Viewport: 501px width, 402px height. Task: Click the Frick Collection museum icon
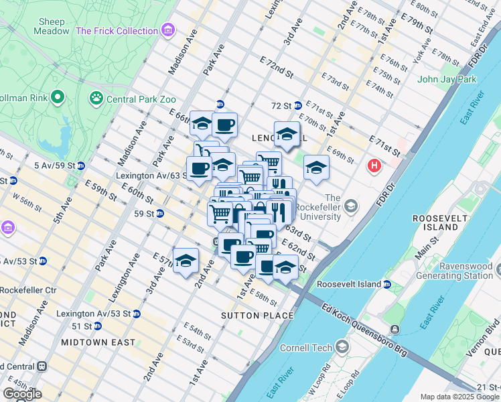[168, 30]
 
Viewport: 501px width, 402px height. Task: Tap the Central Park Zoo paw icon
[96, 99]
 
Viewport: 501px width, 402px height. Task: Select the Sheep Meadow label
[54, 25]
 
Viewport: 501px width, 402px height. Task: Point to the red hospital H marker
[374, 165]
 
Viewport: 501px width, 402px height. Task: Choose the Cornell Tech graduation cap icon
[343, 347]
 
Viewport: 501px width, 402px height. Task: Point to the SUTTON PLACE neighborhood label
[258, 315]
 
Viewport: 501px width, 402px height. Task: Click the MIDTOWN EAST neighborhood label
[98, 342]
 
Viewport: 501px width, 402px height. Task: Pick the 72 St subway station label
[281, 105]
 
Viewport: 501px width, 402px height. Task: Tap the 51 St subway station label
[82, 326]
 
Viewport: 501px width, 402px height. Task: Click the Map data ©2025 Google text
[459, 397]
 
